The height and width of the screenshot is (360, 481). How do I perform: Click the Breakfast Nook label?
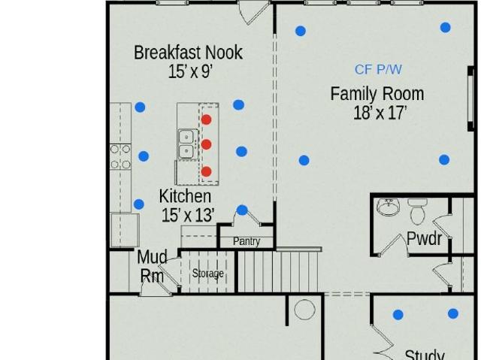click(188, 53)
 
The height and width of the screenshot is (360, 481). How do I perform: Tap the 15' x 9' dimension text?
click(190, 71)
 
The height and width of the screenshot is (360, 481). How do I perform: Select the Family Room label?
click(377, 94)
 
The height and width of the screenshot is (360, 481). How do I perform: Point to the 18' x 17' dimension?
click(380, 113)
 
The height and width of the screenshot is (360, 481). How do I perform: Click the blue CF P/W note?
click(378, 70)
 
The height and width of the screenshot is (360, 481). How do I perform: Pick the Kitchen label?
click(185, 196)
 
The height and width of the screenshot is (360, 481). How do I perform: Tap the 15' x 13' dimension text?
click(187, 215)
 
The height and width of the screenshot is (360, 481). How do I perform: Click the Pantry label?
click(247, 241)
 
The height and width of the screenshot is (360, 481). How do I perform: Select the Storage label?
click(207, 274)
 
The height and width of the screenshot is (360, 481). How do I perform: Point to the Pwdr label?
click(424, 238)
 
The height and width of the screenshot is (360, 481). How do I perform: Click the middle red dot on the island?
click(206, 144)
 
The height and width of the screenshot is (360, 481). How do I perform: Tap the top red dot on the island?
click(206, 119)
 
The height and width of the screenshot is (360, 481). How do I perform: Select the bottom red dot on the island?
click(207, 171)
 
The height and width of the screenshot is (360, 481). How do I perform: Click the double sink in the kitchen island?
click(186, 145)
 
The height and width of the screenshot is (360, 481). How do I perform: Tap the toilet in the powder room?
click(417, 211)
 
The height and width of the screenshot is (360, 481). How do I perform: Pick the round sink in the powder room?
click(389, 207)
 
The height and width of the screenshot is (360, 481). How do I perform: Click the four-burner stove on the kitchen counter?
click(120, 156)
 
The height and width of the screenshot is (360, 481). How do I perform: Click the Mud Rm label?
click(152, 266)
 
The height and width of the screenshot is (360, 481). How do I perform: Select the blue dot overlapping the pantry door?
click(242, 210)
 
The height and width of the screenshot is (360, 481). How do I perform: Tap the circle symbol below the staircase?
click(304, 310)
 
